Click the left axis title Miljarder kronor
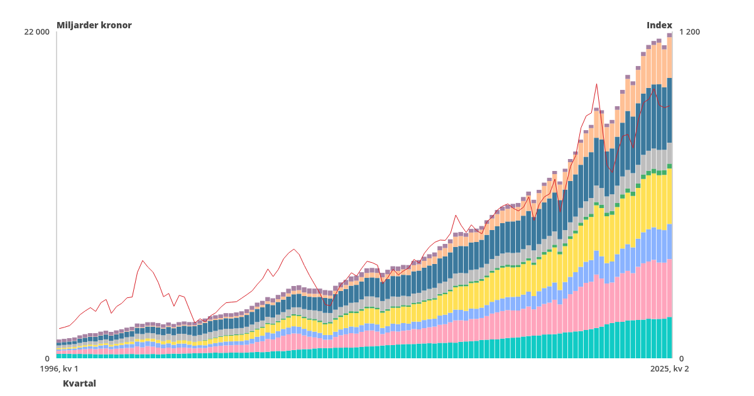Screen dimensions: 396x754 [94, 25]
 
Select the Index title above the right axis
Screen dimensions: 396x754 [659, 25]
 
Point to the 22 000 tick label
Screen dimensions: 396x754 [36, 32]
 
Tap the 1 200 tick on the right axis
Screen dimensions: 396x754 [689, 32]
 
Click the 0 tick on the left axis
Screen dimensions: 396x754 [47, 358]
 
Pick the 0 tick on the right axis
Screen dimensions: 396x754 [682, 358]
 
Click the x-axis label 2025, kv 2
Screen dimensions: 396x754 [669, 369]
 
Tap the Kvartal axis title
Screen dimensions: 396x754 [79, 383]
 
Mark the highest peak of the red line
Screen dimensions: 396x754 [596, 84]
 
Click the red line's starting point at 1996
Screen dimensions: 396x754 [59, 328]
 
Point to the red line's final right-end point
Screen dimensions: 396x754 [670, 105]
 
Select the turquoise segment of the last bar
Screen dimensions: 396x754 [670, 338]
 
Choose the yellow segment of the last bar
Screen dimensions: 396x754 [670, 196]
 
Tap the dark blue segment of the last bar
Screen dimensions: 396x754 [670, 110]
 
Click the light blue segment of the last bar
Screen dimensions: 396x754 [670, 241]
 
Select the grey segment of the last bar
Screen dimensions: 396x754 [670, 153]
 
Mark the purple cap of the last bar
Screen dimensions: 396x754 [670, 35]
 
